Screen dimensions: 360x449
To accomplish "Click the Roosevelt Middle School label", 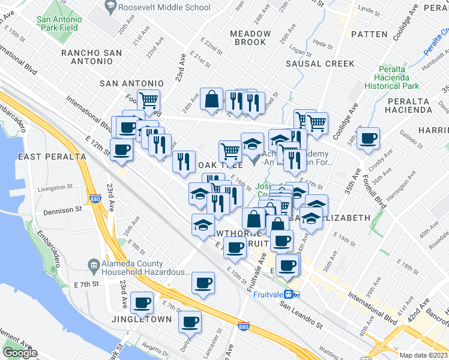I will click(x=164, y=8).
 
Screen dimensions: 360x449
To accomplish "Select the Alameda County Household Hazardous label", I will click(x=137, y=268).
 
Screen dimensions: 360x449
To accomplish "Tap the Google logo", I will click(x=20, y=353).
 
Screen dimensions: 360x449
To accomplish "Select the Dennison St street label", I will click(x=62, y=211).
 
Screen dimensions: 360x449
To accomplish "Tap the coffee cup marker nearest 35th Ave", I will click(x=369, y=139).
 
